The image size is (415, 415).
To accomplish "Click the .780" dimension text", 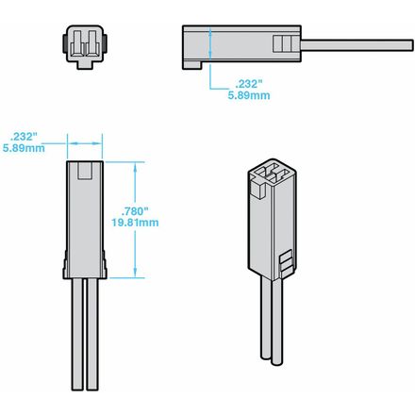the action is click(x=135, y=211).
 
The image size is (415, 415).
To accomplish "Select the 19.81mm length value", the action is click(x=135, y=223).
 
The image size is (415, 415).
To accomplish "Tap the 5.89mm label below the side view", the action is click(x=249, y=95).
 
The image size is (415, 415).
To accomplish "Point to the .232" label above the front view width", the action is click(x=24, y=137).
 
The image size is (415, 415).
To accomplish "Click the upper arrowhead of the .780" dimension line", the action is click(x=135, y=168).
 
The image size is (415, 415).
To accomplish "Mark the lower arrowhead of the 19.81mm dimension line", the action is click(x=135, y=273).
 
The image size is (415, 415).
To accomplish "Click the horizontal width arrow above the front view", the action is click(x=85, y=143).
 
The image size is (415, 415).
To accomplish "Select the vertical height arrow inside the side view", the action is click(x=210, y=43).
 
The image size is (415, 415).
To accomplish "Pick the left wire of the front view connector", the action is click(x=76, y=334).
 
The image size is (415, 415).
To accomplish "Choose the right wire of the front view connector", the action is click(x=92, y=334).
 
